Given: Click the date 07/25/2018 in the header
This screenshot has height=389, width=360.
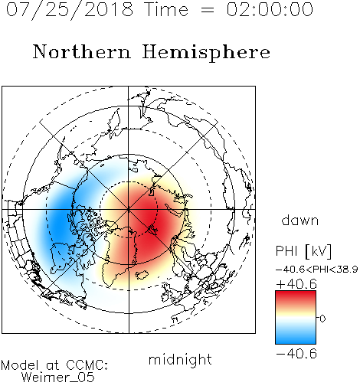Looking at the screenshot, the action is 70,9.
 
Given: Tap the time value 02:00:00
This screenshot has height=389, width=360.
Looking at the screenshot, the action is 270,9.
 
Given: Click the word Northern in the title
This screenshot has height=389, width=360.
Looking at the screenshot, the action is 82,51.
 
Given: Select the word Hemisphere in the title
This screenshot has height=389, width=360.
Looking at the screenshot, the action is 206,53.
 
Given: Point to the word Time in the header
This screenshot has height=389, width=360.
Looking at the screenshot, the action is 166,9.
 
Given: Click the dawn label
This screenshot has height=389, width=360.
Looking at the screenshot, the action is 300,220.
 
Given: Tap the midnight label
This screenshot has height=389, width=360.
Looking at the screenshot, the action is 180,360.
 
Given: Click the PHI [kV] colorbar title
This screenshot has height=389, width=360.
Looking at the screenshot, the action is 303,251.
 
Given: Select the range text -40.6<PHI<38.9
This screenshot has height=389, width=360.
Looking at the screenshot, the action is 317,270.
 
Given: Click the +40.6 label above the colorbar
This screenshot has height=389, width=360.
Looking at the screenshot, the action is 296,284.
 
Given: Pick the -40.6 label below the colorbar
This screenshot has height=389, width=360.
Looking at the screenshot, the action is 296,354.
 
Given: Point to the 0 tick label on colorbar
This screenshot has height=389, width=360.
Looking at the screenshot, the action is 322,319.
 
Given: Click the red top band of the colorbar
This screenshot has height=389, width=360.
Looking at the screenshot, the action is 296,296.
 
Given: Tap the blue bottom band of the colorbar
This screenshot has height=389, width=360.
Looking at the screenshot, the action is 296,338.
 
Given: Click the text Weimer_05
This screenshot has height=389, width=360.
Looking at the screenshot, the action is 58,378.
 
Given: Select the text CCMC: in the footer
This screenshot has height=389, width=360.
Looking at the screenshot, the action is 87,365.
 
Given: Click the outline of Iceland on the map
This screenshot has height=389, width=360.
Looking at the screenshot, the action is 141,275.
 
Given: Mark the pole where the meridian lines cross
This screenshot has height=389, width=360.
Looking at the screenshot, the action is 129,209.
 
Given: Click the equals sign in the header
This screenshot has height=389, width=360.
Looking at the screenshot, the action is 208,10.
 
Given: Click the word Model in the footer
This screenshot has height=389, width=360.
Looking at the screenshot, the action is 20,365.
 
